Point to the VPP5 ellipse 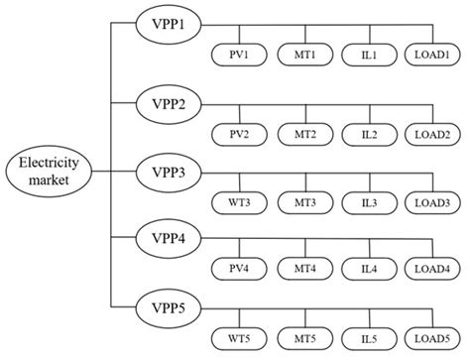click(165, 303)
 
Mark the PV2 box click(238, 134)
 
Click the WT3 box click(238, 202)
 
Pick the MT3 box click(303, 202)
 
